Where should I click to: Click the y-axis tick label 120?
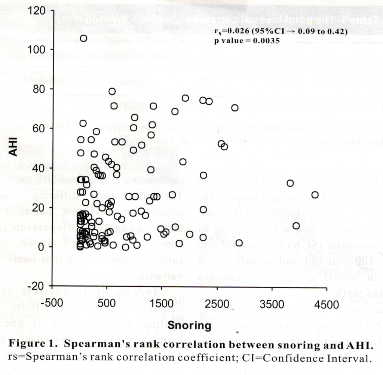[37, 11]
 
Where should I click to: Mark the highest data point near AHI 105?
[83, 38]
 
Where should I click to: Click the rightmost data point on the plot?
[315, 195]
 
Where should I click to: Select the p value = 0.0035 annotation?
[247, 41]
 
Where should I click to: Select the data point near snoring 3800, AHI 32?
[290, 183]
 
